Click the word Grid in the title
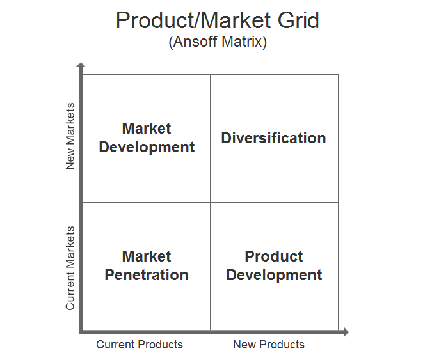click(298, 20)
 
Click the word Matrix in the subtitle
click(242, 42)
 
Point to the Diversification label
click(273, 138)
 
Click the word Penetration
click(147, 275)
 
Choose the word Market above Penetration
click(147, 256)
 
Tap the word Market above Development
click(147, 128)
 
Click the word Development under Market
click(147, 148)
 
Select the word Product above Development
click(274, 256)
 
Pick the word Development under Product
click(274, 276)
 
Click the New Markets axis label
click(70, 136)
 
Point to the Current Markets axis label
click(70, 268)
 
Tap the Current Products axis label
click(140, 345)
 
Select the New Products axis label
click(269, 345)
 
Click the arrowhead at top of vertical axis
click(81, 65)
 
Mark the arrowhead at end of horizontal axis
click(346, 332)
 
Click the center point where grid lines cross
click(211, 203)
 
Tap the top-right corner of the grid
click(339, 75)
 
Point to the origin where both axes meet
click(81, 332)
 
